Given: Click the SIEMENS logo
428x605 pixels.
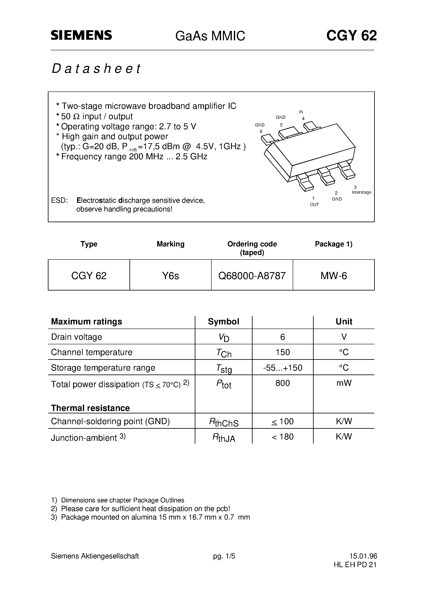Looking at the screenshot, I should [81, 35].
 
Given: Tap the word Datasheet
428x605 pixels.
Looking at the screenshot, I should [96, 68].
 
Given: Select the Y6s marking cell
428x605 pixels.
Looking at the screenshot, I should [170, 276].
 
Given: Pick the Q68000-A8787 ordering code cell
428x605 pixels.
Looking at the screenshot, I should [252, 276].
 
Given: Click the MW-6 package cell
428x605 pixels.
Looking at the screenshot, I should [334, 276].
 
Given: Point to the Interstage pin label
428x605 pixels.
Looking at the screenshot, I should [361, 192].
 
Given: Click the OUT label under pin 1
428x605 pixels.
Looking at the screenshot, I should [314, 205].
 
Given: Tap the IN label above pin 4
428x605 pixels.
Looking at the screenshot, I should [301, 112].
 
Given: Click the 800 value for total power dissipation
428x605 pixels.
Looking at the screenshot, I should [283, 383].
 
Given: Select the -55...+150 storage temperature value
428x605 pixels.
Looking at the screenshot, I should [283, 368].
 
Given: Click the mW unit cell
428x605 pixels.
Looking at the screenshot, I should [344, 383].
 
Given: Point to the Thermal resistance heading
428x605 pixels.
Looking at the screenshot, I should [90, 408].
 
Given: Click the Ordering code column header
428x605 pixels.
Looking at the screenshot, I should [252, 244].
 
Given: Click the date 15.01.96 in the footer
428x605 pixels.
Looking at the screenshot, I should [363, 556].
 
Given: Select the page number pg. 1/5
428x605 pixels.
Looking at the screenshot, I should [224, 556].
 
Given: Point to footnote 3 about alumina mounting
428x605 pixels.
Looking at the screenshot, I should [150, 517].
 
